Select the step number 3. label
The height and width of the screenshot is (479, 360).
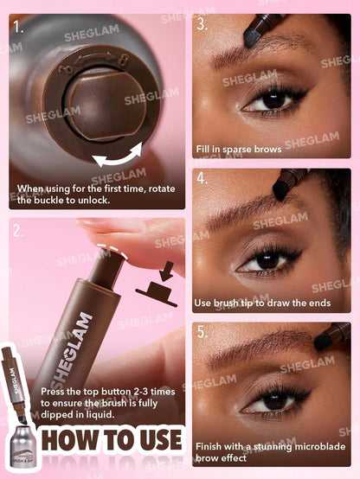[x=202, y=24]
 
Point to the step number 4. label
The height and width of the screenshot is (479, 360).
[x=202, y=179]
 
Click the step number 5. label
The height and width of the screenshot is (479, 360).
[x=202, y=333]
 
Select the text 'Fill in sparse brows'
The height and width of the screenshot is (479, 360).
[x=238, y=149]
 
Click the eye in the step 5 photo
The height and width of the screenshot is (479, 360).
[x=275, y=400]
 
